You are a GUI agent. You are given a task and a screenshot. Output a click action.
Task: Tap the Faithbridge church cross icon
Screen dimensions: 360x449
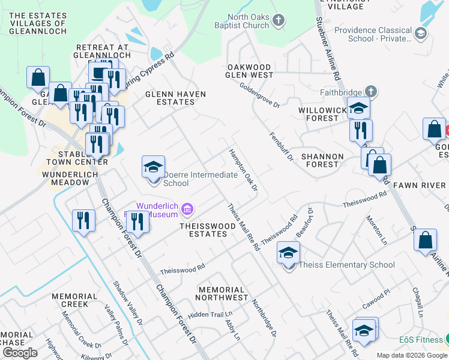tap(372, 92)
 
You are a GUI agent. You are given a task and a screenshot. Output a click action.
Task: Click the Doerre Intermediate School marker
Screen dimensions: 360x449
tap(153, 167)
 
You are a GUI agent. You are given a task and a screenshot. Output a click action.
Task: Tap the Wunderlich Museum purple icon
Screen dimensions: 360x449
tap(187, 209)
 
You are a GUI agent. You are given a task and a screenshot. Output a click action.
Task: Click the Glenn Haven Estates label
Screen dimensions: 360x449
tap(176, 98)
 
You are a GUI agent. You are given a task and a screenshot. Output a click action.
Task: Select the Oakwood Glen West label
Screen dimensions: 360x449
tap(249, 71)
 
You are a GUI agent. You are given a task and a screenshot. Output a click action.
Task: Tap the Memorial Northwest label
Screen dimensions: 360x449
tap(223, 293)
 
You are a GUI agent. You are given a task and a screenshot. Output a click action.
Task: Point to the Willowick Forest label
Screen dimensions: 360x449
tap(319, 115)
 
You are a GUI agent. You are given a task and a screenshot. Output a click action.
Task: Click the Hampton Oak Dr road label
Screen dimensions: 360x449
tap(243, 170)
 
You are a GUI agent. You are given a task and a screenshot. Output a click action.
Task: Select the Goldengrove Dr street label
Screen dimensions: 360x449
tap(259, 95)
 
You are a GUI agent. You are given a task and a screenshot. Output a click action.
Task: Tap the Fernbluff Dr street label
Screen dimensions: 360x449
tap(280, 147)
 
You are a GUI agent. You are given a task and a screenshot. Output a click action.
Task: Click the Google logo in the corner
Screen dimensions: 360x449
tap(20, 353)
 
